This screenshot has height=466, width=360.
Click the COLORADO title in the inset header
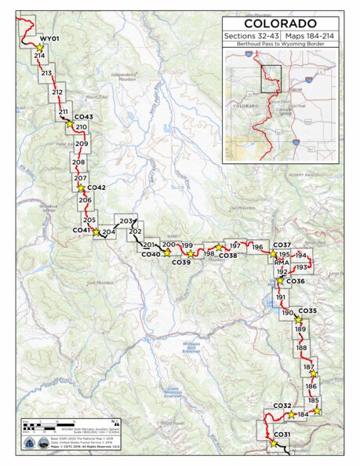point(280,24)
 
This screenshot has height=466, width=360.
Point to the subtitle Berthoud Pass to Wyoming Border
point(280,45)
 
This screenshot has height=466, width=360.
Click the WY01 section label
point(49,38)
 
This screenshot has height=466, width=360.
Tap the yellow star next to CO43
point(69,123)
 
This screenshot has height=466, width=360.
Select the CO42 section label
point(96,188)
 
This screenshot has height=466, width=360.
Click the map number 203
point(127,221)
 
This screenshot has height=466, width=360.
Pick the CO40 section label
point(151,255)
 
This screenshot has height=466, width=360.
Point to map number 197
point(233,246)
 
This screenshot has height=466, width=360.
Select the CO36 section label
point(296,282)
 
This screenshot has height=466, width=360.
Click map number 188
point(302,348)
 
